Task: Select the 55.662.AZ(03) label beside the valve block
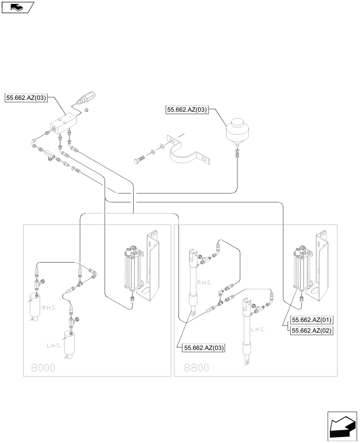tap(26, 98)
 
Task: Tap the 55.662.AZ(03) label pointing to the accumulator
tap(187, 110)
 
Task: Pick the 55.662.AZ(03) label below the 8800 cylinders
tap(203, 348)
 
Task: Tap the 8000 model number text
tap(43, 367)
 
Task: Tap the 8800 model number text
tap(196, 367)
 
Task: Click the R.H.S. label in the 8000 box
tap(49, 307)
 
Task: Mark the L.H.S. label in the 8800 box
tap(258, 329)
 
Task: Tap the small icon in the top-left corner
tap(17, 7)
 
